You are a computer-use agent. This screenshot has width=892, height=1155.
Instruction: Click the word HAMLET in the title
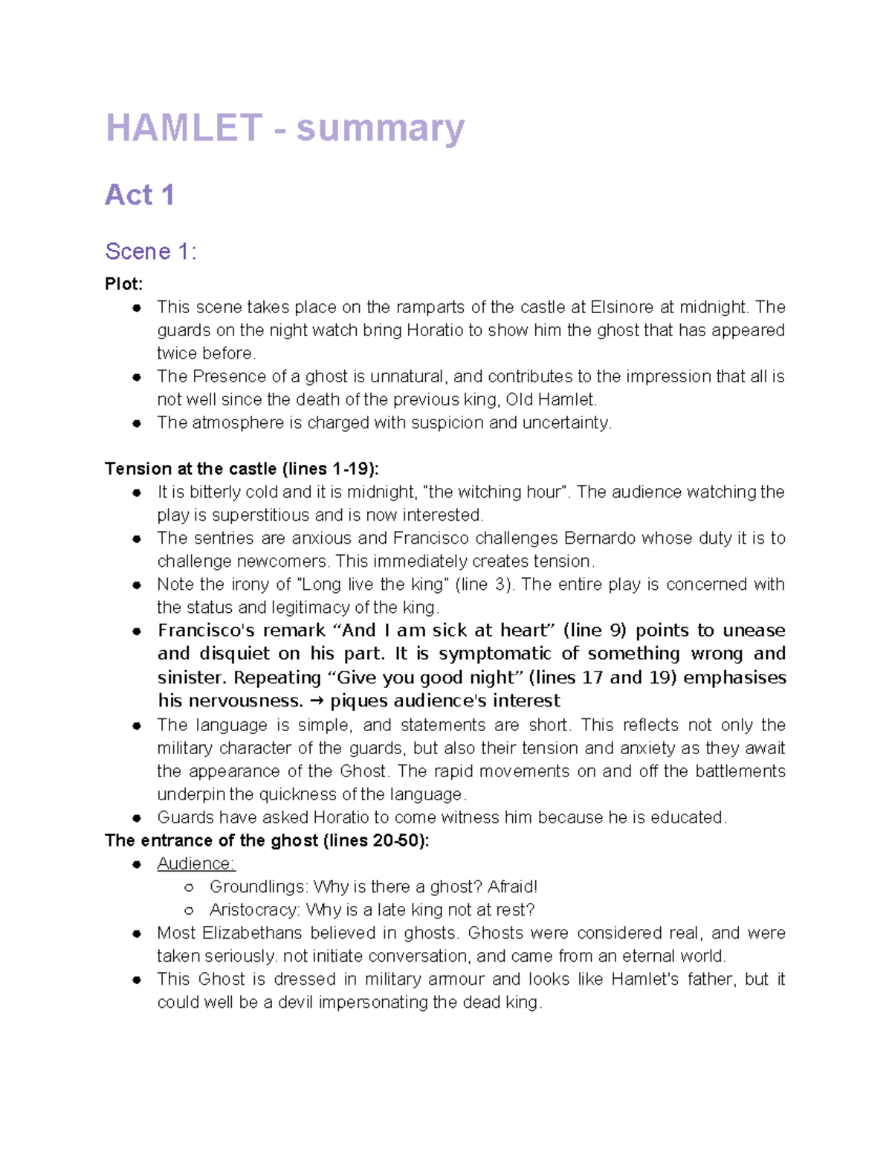point(184,128)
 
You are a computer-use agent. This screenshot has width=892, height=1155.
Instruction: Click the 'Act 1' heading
point(140,195)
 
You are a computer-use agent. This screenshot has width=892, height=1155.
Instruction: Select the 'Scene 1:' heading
point(151,251)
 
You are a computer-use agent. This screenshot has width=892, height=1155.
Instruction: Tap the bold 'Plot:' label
point(123,284)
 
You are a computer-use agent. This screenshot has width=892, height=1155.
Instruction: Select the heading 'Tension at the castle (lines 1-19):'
point(242,469)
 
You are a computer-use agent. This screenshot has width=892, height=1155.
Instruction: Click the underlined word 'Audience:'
point(195,863)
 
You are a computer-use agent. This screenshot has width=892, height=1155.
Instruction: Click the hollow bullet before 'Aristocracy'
point(189,910)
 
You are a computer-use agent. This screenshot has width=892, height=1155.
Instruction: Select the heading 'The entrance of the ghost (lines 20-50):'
point(267,840)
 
